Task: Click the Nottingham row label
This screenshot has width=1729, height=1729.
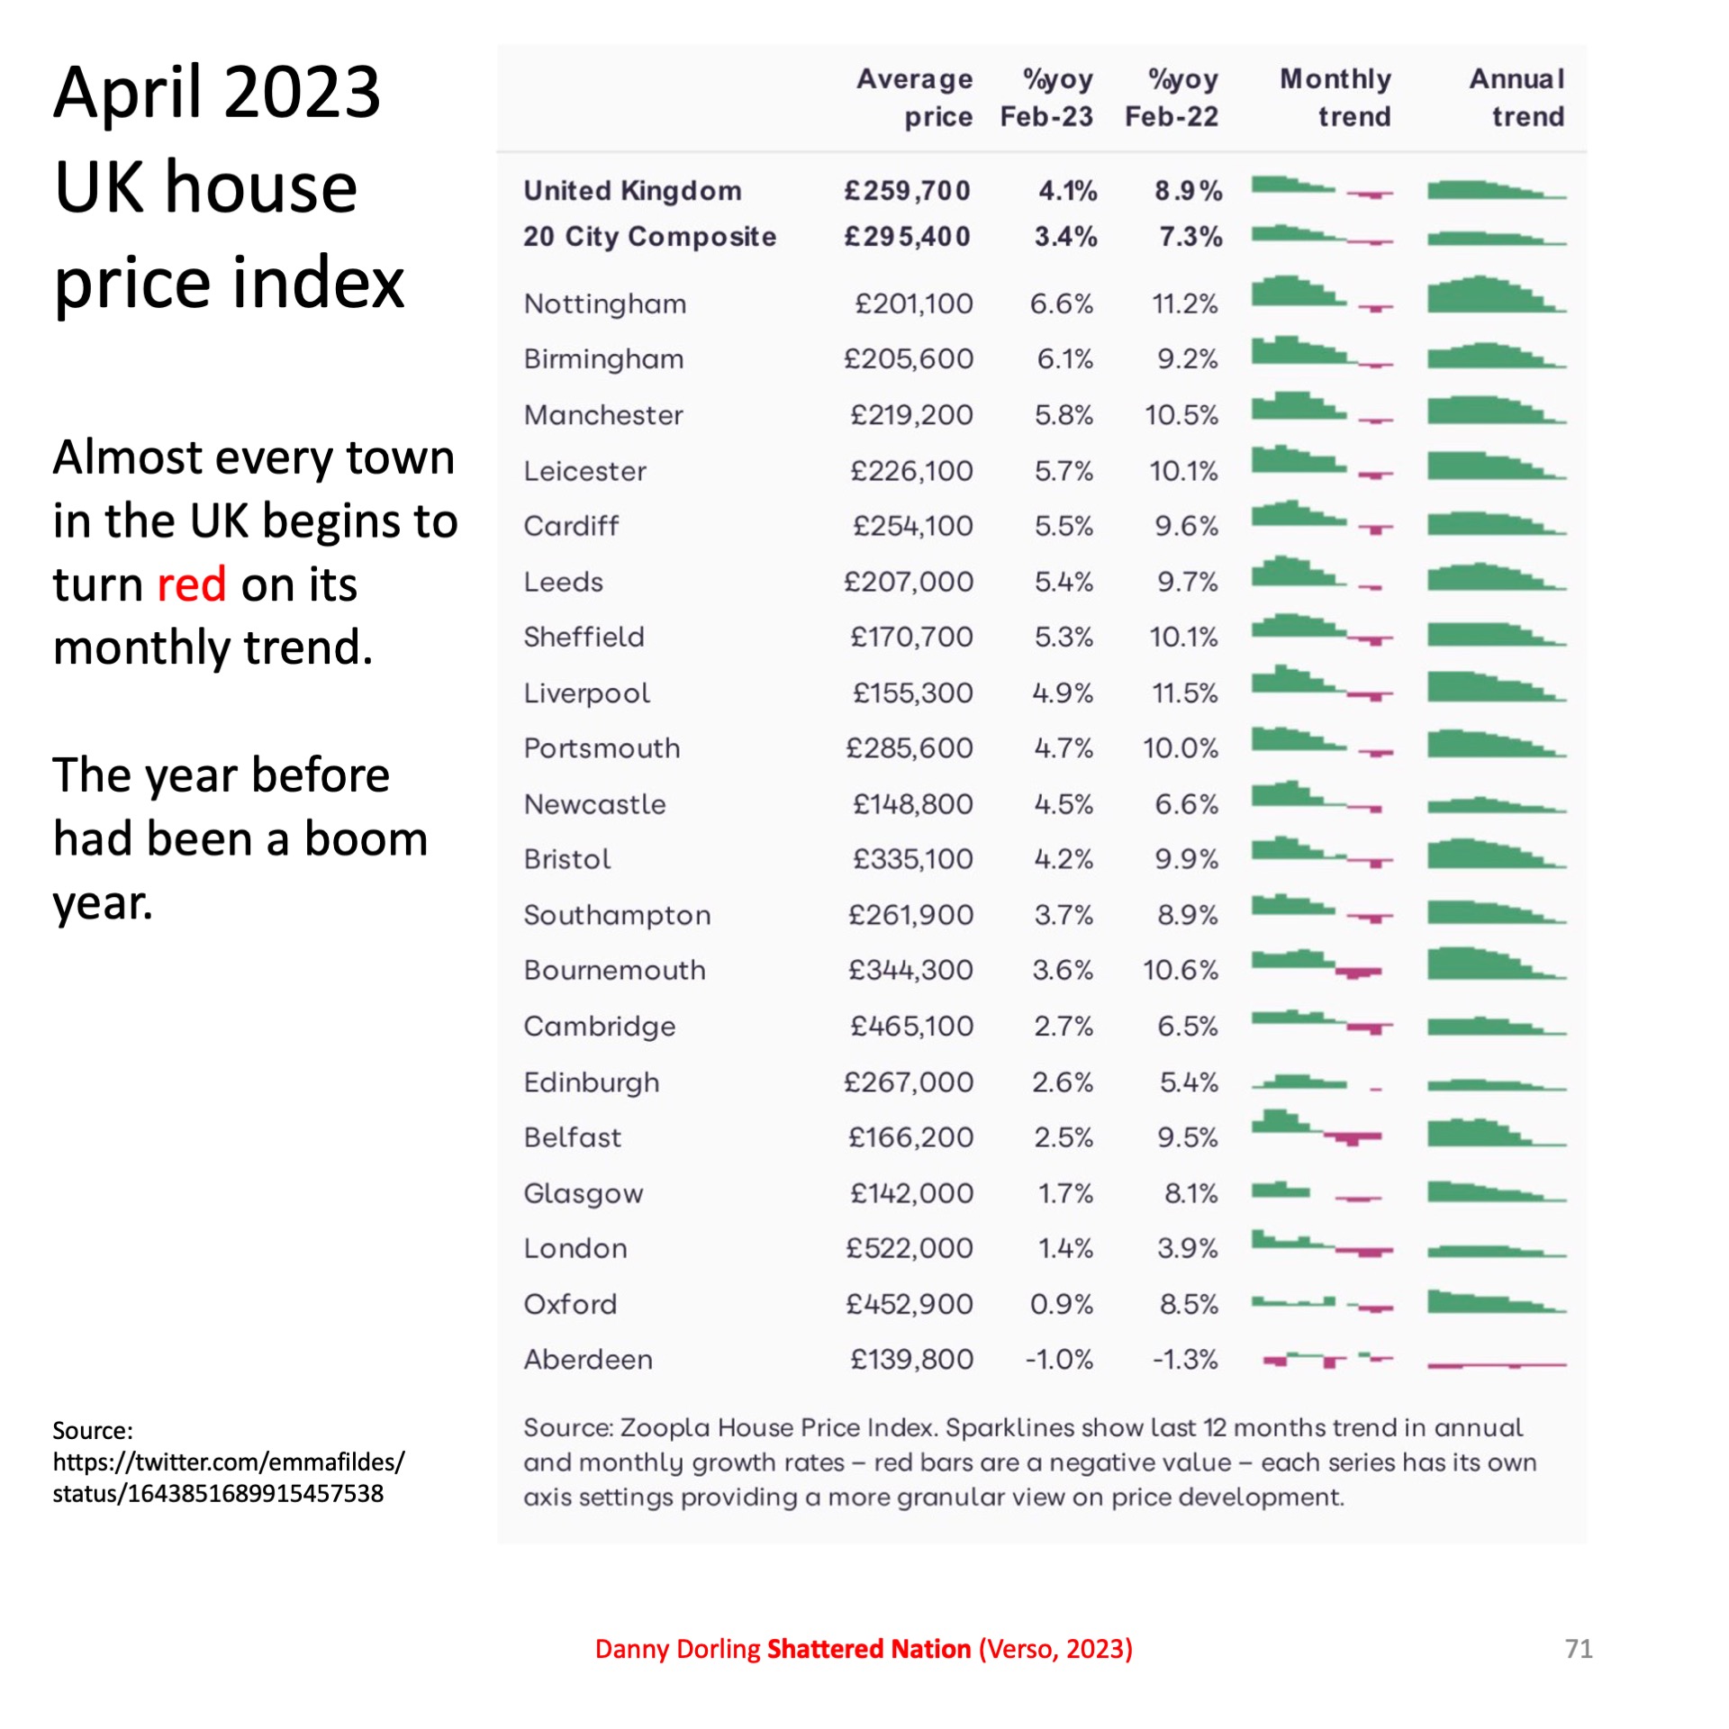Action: (x=604, y=304)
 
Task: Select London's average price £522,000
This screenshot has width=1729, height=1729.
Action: (x=909, y=1248)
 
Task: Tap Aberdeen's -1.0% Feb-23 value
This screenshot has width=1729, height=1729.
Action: (x=1059, y=1359)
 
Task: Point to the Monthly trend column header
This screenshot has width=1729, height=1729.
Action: (x=1335, y=97)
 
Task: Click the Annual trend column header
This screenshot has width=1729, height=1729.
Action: (x=1517, y=97)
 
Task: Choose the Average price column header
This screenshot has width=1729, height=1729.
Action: (x=914, y=97)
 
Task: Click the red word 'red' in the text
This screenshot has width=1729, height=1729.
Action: (x=191, y=584)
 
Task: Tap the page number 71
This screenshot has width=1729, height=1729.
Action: (x=1579, y=1649)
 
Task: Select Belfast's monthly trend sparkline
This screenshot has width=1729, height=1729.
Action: (x=1317, y=1127)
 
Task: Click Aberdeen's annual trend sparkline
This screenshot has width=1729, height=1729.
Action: (x=1497, y=1365)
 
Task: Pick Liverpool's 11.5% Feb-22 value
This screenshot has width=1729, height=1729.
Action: (x=1184, y=693)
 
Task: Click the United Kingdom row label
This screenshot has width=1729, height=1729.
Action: (x=632, y=191)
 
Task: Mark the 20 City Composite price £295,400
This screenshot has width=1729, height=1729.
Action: (x=907, y=237)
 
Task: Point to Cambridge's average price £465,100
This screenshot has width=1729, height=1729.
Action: (x=911, y=1027)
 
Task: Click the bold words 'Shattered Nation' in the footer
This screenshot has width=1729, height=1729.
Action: (x=868, y=1649)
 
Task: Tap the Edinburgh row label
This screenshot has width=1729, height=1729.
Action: (x=591, y=1082)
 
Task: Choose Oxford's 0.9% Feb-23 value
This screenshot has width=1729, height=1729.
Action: (x=1061, y=1304)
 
